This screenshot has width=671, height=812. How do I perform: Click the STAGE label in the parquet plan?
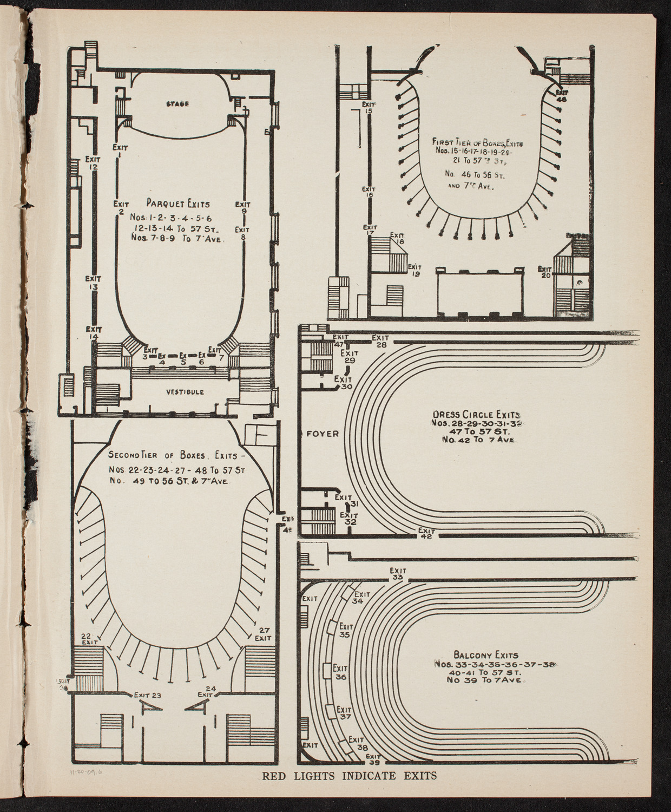[177, 104]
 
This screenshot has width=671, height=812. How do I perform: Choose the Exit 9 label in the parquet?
[243, 208]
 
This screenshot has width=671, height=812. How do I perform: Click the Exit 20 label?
[544, 272]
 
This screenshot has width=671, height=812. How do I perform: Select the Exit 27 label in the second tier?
[263, 634]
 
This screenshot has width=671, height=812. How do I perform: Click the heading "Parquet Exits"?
[178, 204]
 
